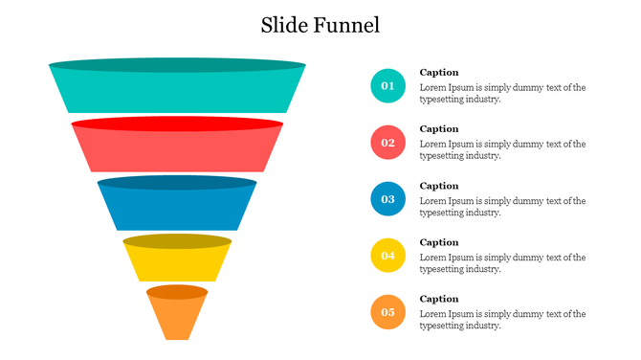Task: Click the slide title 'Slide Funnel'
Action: pyautogui.click(x=320, y=25)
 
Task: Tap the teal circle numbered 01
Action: pyautogui.click(x=387, y=86)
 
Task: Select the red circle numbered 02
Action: pyautogui.click(x=387, y=143)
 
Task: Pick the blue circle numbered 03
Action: pyautogui.click(x=387, y=199)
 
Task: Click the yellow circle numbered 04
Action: pyautogui.click(x=387, y=256)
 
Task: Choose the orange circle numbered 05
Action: pyautogui.click(x=387, y=312)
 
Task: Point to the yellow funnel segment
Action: pyautogui.click(x=177, y=261)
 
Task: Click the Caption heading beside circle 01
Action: pyautogui.click(x=439, y=73)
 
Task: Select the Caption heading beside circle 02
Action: pyautogui.click(x=439, y=129)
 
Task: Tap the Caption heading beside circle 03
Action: pyautogui.click(x=439, y=186)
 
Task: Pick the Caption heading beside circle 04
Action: pyautogui.click(x=439, y=242)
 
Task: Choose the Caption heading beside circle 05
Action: pyautogui.click(x=439, y=299)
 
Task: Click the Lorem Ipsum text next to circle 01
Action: pyautogui.click(x=502, y=93)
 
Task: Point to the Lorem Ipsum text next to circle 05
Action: pyautogui.click(x=502, y=320)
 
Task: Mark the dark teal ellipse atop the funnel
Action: pyautogui.click(x=177, y=65)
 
